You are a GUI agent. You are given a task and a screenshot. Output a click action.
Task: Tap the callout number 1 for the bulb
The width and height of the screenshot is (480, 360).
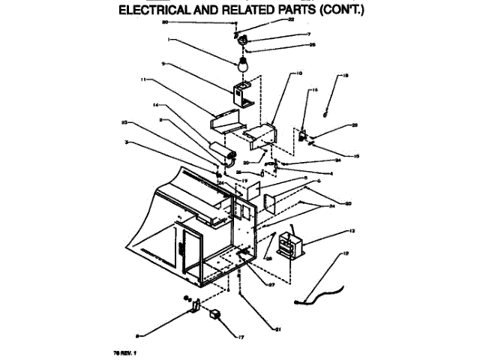(169, 40)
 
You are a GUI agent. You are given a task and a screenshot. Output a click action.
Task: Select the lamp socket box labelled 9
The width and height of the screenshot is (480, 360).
(241, 95)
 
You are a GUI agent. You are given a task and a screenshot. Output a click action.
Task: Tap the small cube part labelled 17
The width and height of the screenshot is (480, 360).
(216, 314)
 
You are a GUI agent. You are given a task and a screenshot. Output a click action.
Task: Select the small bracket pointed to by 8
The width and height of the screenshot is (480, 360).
(193, 306)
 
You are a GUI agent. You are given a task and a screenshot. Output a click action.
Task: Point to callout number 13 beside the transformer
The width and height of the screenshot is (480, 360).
(352, 229)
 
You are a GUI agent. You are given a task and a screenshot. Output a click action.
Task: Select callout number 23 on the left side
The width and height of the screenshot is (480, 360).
(124, 121)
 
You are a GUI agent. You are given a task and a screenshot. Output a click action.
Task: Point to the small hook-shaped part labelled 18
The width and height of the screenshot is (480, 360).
(325, 112)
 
